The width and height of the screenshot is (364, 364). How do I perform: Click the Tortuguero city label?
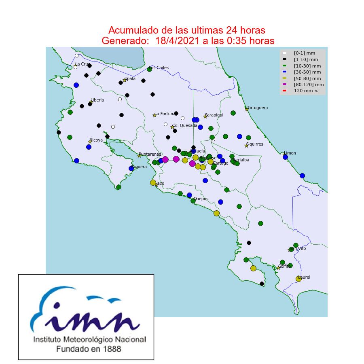[258, 108]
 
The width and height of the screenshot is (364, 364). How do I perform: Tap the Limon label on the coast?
[290, 153]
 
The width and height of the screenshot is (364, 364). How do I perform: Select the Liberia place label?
[97, 100]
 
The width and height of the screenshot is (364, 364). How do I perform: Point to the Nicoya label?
[96, 140]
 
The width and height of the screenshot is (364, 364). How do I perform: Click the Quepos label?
[201, 199]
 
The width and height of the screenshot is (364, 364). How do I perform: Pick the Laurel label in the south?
[304, 277]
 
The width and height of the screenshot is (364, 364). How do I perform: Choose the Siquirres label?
[255, 144]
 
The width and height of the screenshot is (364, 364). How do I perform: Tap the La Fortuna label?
[165, 114]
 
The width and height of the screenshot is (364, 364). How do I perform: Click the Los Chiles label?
[159, 68]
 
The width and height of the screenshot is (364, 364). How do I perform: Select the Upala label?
[130, 79]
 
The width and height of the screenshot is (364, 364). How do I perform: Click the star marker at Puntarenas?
[140, 156]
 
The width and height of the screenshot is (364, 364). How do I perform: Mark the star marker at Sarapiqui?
[205, 116]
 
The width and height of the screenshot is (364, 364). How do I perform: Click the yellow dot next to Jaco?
[153, 182]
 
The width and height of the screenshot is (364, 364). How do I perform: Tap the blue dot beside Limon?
[285, 157]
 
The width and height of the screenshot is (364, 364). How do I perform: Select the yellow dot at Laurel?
[298, 279]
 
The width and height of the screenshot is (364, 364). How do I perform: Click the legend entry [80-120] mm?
[309, 85]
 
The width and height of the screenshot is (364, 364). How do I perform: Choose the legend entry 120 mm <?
[306, 91]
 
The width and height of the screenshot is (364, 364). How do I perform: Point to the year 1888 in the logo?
[112, 349]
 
